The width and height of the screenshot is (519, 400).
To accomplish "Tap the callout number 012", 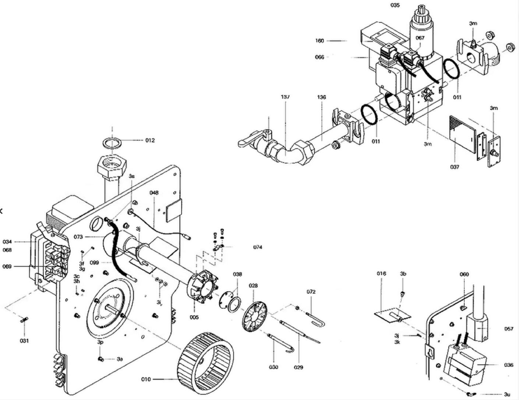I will (x=150, y=140).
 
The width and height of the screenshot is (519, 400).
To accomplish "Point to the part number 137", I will (x=285, y=97).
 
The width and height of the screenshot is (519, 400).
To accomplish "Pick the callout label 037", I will (x=455, y=167).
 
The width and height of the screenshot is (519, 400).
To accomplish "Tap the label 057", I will (x=509, y=329).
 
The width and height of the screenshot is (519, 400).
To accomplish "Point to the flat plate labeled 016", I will (x=392, y=314).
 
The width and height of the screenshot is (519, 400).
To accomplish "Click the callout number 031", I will (x=24, y=341).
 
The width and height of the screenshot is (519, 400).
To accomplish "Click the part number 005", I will (x=194, y=317).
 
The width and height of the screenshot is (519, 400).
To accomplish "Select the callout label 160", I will (x=319, y=41).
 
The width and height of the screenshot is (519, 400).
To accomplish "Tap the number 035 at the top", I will (x=395, y=5).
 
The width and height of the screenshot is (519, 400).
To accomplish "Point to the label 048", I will (x=154, y=193).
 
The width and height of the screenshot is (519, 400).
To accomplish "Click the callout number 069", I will (x=7, y=267).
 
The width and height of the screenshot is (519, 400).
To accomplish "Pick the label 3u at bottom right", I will (x=507, y=394).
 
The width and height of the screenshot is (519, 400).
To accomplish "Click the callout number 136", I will (x=321, y=97).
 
